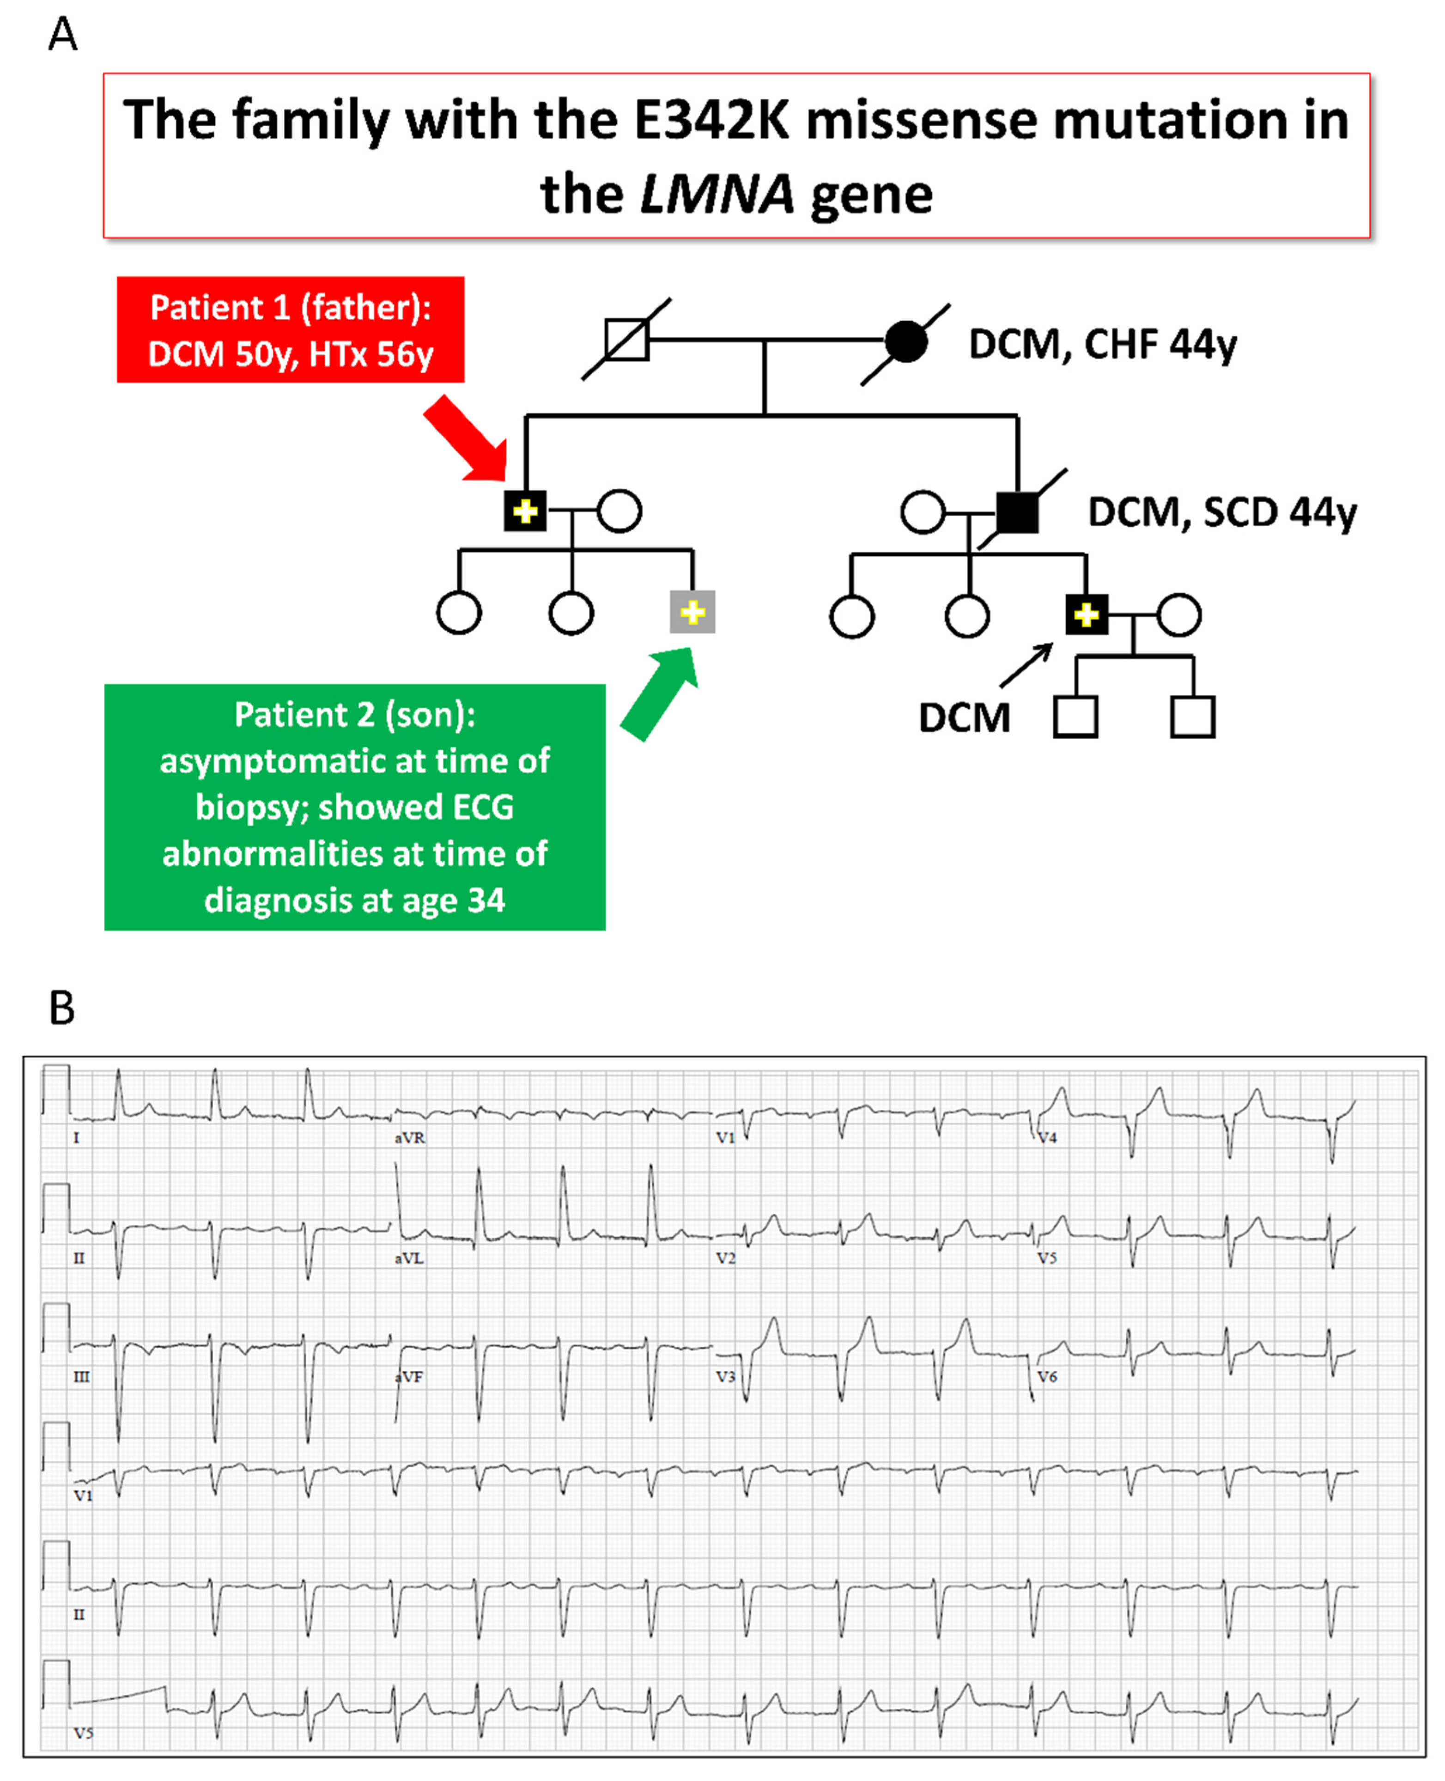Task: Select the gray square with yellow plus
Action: click(692, 613)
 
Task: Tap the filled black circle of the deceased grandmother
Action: click(905, 341)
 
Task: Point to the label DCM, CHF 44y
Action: click(1102, 344)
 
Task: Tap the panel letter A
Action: click(63, 35)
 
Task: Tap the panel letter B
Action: click(62, 1008)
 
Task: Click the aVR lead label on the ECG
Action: click(410, 1138)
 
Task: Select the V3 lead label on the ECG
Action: click(726, 1377)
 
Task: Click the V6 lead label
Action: click(1047, 1377)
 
